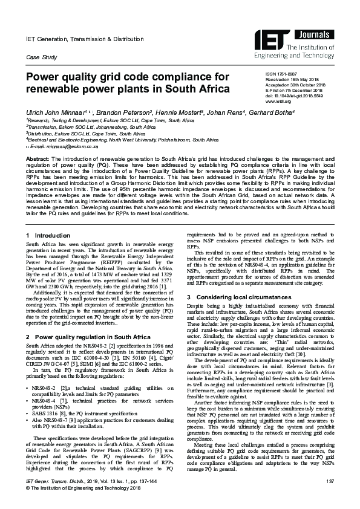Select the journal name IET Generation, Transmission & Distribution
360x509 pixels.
[x=85, y=39]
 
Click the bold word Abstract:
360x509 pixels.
[x=37, y=159]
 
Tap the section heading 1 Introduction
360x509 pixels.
[x=48, y=235]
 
